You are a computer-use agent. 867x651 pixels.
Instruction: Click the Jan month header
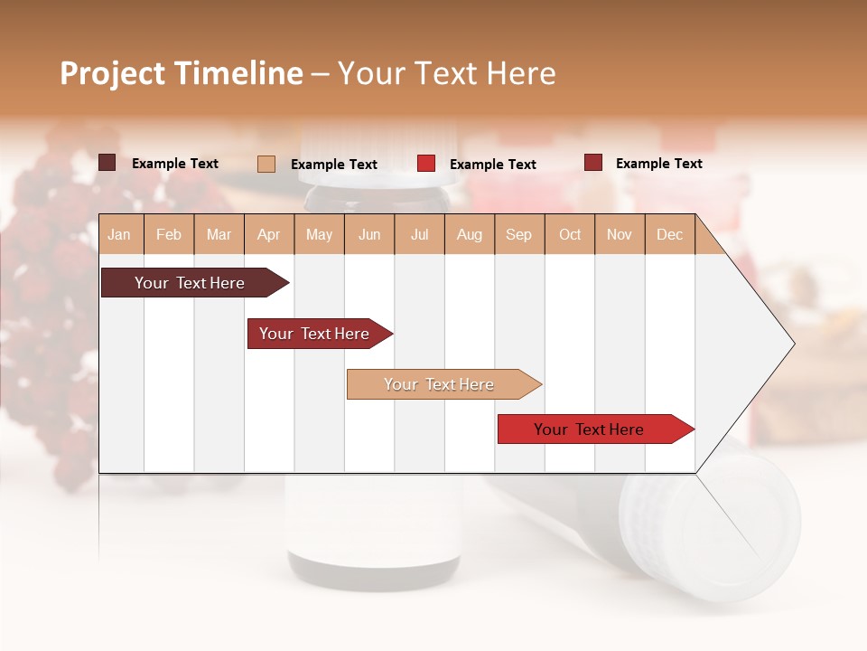[x=119, y=234]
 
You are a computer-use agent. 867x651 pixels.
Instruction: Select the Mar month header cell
[x=219, y=234]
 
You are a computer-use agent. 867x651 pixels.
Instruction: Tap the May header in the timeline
[x=319, y=234]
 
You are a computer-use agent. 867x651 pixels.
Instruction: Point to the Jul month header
[x=419, y=234]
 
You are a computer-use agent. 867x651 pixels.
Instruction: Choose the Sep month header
[x=518, y=234]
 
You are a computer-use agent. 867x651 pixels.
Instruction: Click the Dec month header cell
[x=669, y=234]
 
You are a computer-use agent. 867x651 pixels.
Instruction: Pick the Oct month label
[x=570, y=234]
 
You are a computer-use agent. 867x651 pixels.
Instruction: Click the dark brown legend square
[x=107, y=163]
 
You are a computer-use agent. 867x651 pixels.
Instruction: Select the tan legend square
[x=266, y=164]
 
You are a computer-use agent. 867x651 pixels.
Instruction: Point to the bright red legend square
[x=426, y=164]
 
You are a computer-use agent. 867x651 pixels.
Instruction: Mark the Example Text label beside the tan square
[x=333, y=165]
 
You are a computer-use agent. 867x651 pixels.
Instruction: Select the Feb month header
[x=169, y=234]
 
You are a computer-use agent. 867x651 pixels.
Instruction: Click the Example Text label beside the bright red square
[x=492, y=165]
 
